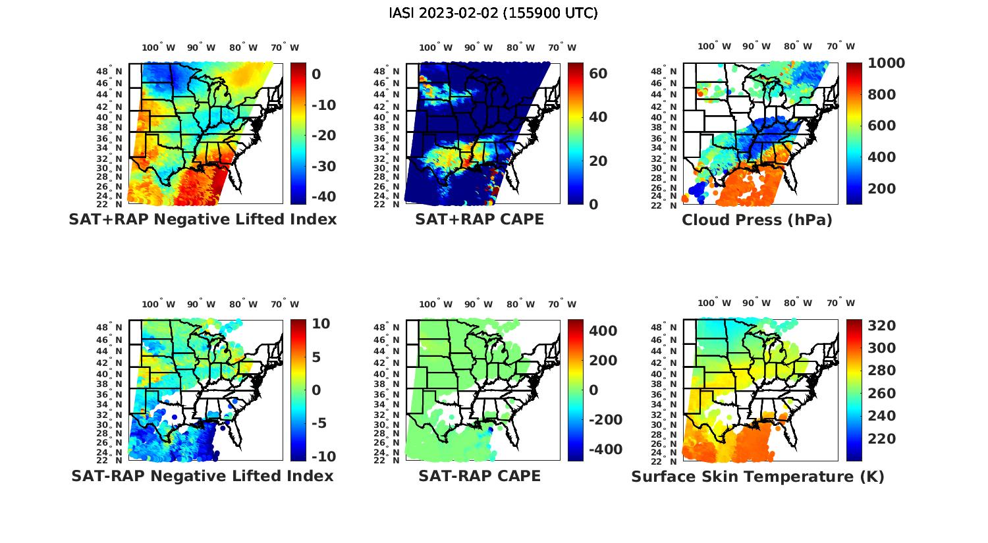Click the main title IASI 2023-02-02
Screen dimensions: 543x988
[493, 13]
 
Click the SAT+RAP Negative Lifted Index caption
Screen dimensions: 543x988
[202, 219]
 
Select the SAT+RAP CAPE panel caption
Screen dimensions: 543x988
[480, 219]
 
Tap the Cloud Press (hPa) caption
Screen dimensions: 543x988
[757, 220]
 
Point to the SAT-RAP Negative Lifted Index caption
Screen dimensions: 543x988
[202, 476]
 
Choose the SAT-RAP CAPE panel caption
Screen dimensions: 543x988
[480, 476]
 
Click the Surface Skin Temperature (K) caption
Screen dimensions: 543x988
[757, 477]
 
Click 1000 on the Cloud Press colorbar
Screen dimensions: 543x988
[886, 63]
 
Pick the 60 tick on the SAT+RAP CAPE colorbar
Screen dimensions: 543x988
[598, 74]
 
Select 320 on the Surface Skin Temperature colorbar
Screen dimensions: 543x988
[882, 326]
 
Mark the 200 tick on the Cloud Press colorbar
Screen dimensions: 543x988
[882, 189]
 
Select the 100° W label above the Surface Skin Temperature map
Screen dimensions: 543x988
[714, 303]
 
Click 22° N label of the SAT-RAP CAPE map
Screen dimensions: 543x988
[393, 461]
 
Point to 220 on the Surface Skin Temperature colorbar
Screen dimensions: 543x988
[882, 439]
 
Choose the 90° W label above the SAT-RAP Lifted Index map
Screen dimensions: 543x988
[201, 304]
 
